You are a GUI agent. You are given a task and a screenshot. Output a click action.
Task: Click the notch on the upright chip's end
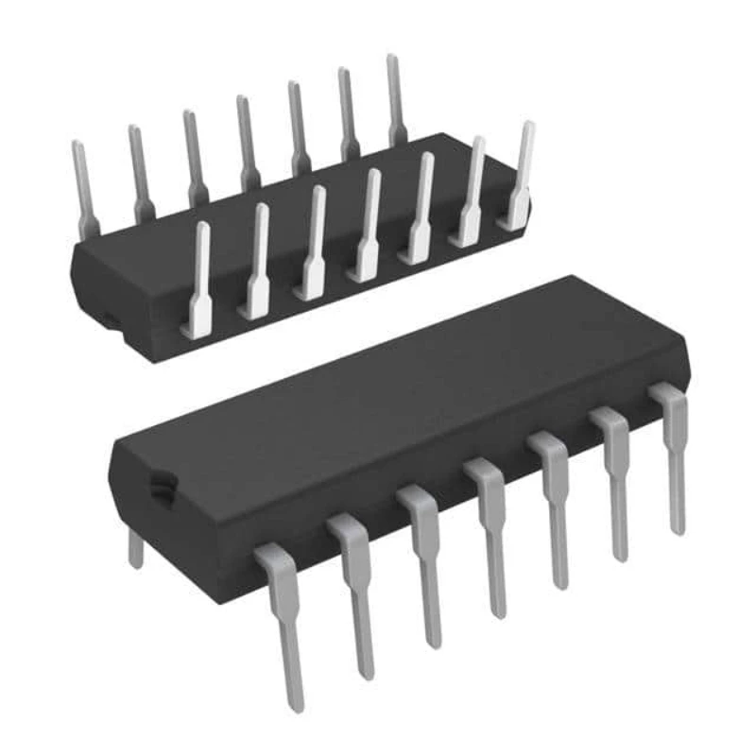[x=162, y=486]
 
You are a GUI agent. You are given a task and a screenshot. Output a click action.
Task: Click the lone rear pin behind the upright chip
[x=135, y=548]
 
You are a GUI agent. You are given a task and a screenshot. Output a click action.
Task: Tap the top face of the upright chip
[x=397, y=397]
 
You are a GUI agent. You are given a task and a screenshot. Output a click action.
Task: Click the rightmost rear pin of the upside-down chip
[x=396, y=99]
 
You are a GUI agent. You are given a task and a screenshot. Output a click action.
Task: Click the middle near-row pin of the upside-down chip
[x=366, y=227]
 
